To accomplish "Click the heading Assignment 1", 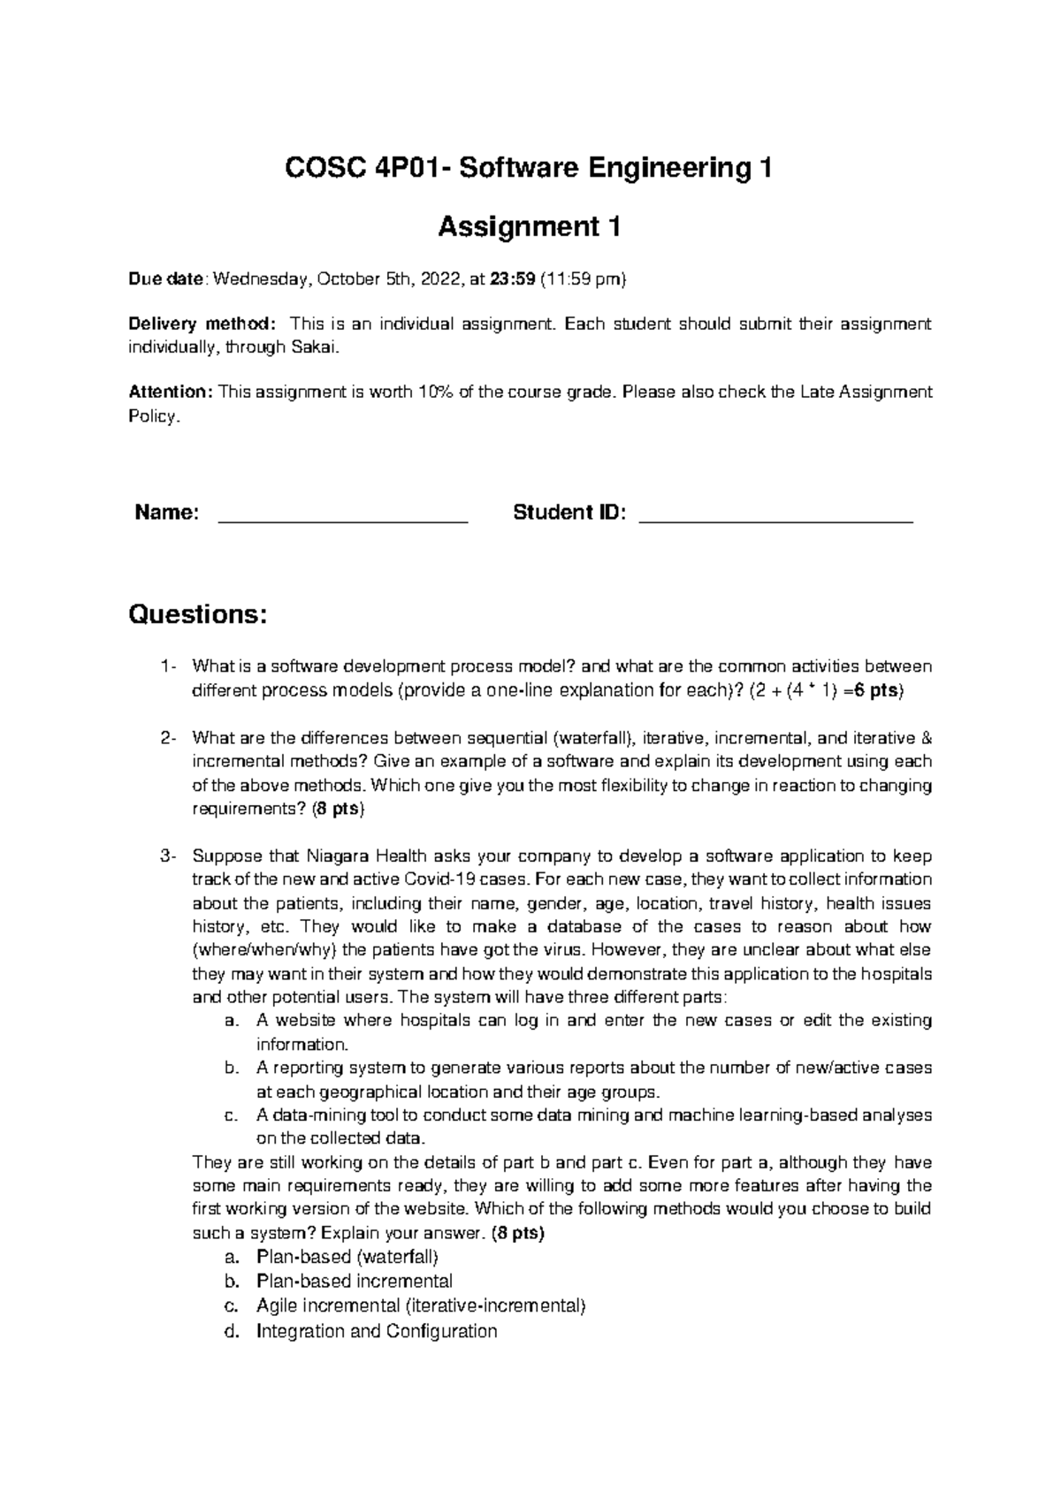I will pos(530,228).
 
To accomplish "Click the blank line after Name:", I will pos(342,521).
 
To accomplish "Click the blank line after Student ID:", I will pos(775,521).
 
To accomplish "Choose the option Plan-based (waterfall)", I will pos(347,1257).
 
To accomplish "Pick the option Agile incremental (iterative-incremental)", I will pos(421,1305).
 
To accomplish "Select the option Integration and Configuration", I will pos(377,1330).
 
